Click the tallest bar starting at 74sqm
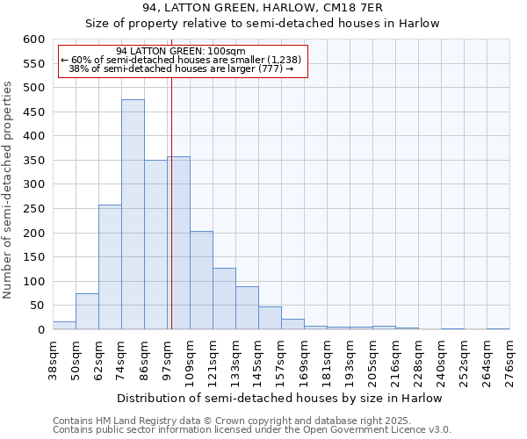pos(133,214)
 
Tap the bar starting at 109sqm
pos(201,280)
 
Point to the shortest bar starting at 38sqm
pos(64,326)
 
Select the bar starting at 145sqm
pos(270,318)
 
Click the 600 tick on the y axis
pos(33,40)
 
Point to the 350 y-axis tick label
pos(33,161)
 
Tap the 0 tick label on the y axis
pos(40,330)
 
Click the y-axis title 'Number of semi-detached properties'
pos(9,191)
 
